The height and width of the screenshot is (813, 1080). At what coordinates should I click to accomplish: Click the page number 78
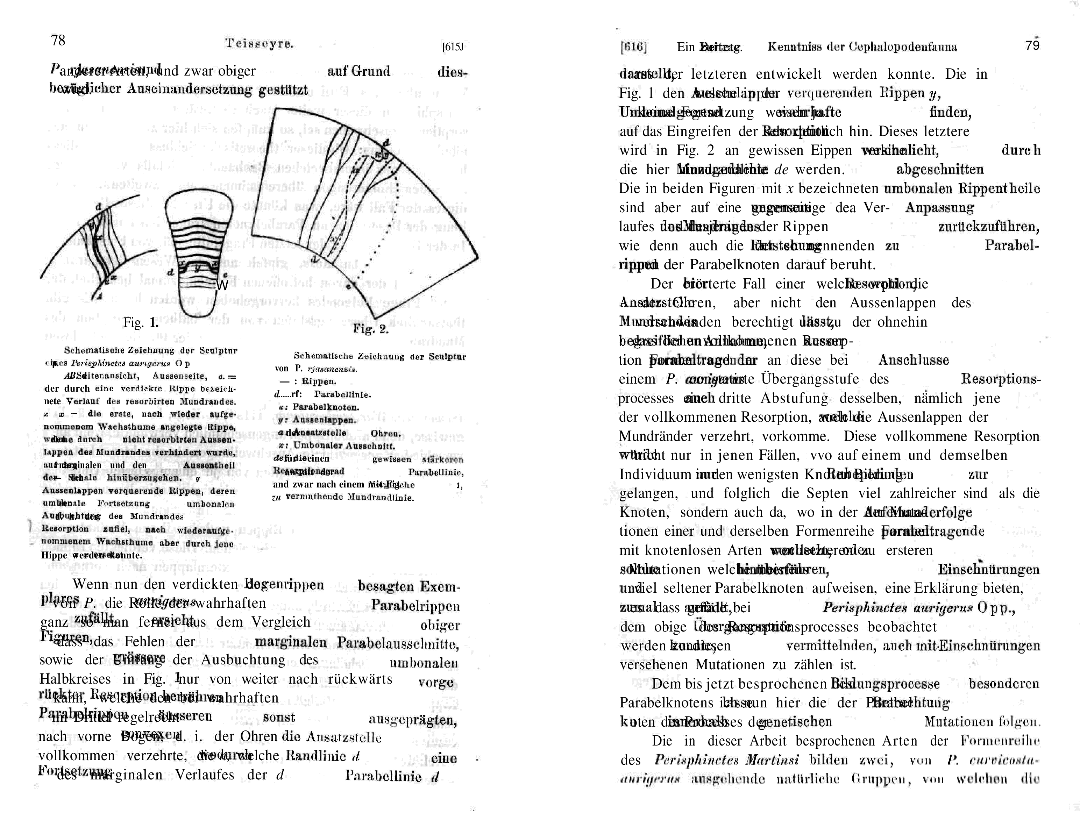click(x=58, y=40)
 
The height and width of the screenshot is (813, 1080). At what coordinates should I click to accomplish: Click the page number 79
click(x=1032, y=45)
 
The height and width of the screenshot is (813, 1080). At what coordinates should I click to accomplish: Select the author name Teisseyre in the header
click(x=259, y=43)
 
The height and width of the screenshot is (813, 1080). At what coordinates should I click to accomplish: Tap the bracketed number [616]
click(x=634, y=47)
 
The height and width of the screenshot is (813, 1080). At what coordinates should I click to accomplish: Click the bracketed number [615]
click(x=452, y=47)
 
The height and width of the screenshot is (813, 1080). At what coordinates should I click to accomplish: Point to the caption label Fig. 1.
click(x=141, y=322)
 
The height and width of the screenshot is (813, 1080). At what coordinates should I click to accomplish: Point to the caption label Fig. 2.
click(x=371, y=329)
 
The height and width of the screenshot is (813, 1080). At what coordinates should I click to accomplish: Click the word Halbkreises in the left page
click(x=75, y=679)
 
